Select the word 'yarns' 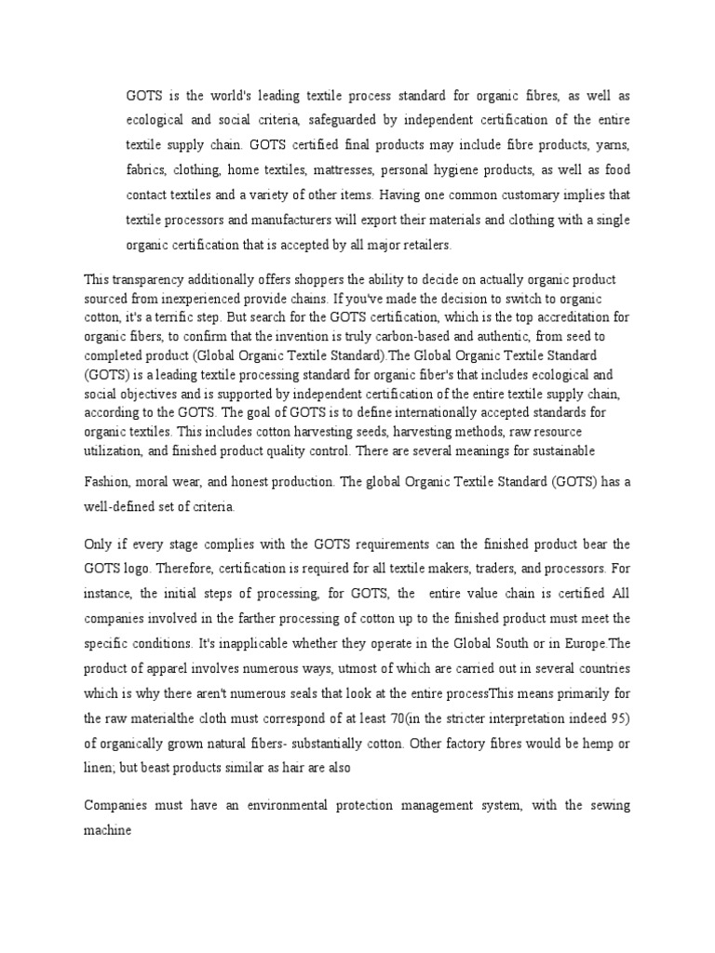click(612, 147)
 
